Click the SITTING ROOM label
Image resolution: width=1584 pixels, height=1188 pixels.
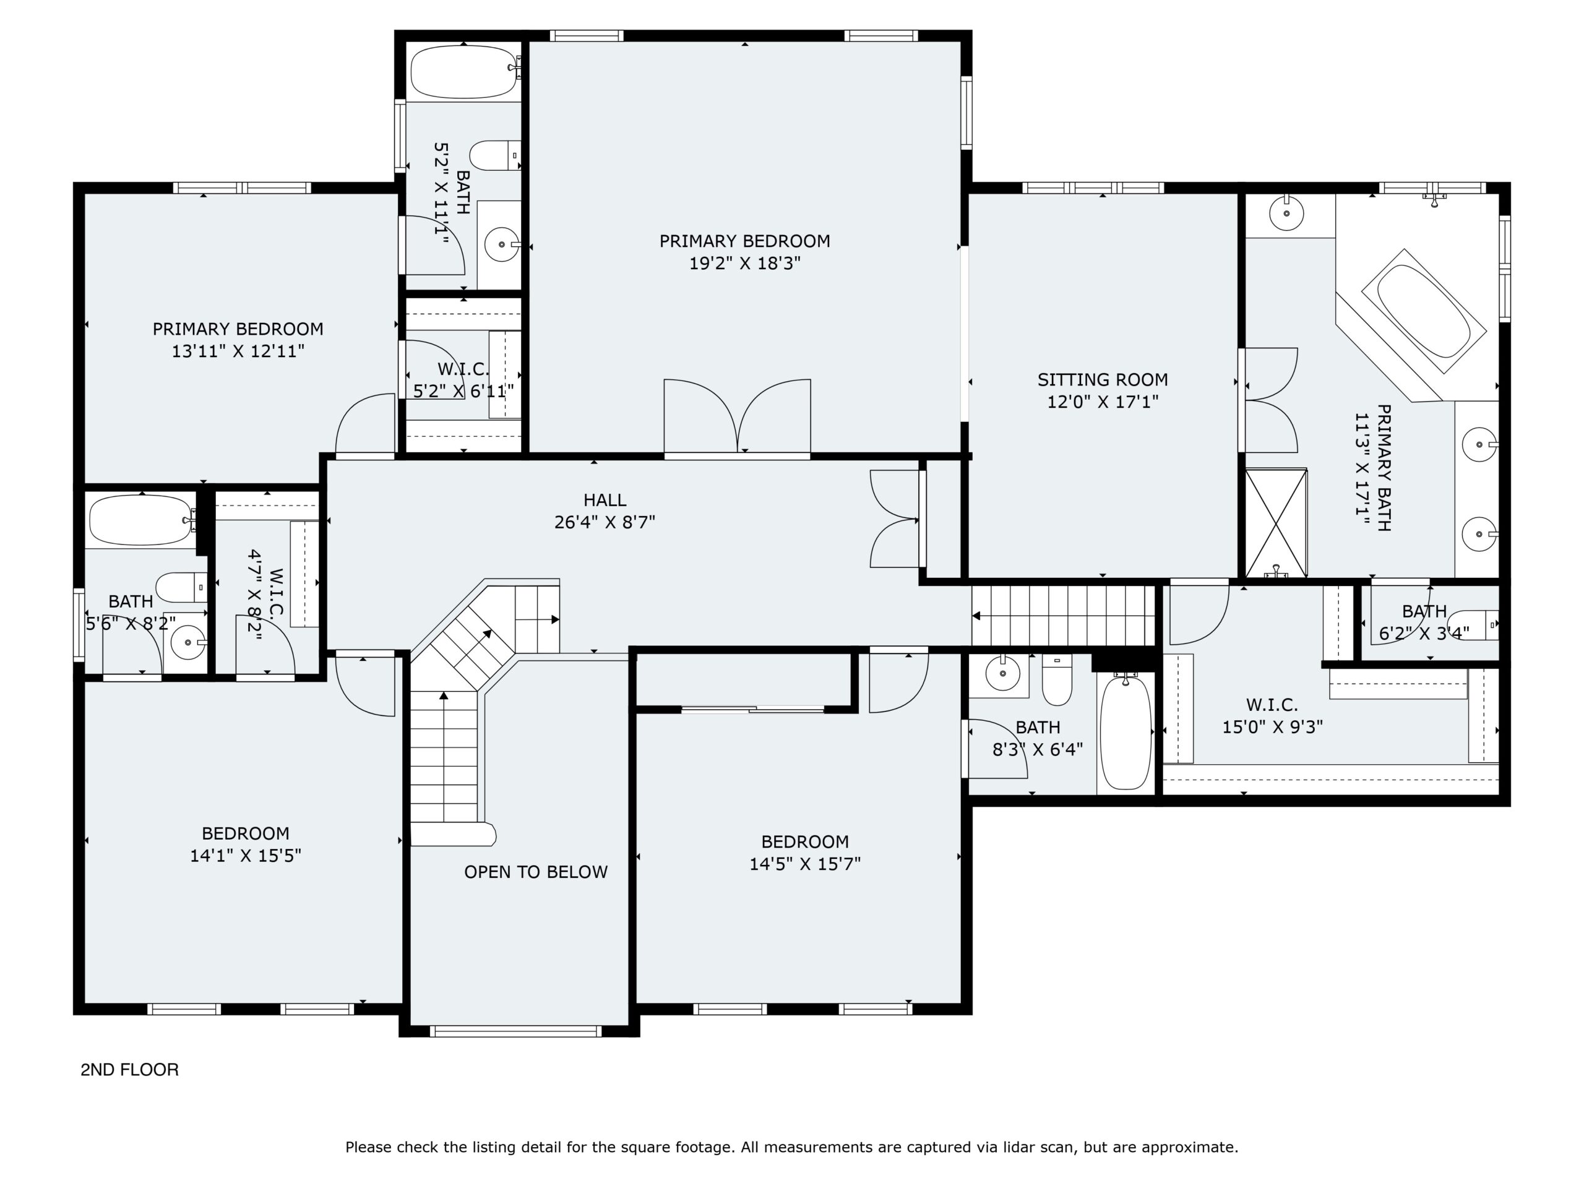tap(1102, 379)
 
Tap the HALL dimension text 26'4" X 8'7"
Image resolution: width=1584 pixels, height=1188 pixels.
tap(605, 522)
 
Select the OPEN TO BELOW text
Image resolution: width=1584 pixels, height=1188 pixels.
tap(536, 871)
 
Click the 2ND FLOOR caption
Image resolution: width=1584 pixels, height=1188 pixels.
tap(129, 1069)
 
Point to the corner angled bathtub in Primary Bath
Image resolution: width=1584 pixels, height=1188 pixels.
tap(1423, 311)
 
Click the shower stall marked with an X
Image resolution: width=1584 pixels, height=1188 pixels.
tap(1276, 523)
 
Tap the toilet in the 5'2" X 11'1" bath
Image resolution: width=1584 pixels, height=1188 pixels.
tap(495, 155)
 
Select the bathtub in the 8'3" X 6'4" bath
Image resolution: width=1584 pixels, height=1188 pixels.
tap(1126, 732)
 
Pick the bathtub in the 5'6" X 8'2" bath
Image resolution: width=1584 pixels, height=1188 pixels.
tap(140, 520)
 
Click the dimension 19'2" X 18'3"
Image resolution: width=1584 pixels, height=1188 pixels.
tap(745, 264)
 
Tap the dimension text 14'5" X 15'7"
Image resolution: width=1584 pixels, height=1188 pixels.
tap(805, 864)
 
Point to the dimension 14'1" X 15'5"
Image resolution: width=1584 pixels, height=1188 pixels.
tap(245, 855)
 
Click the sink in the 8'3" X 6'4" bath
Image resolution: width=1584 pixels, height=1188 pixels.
tap(1002, 673)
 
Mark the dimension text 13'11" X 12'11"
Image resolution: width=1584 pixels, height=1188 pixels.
tap(238, 351)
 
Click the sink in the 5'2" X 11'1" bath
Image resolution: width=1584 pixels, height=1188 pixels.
tap(501, 245)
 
